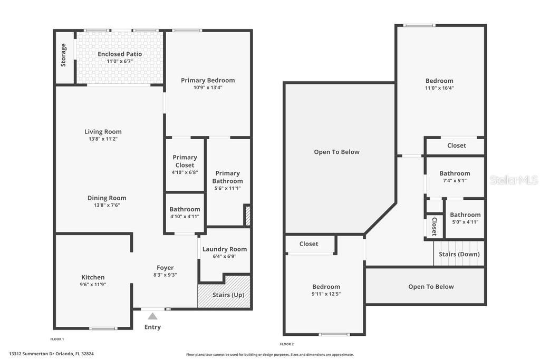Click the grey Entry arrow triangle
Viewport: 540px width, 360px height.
tap(152, 316)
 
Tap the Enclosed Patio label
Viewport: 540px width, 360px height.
tap(120, 54)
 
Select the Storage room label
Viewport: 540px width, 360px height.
tap(63, 55)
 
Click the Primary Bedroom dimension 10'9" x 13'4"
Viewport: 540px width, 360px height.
tap(208, 87)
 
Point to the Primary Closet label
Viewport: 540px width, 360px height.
tap(185, 161)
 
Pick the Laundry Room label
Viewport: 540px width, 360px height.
tap(225, 249)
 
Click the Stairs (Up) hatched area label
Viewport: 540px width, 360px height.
tap(228, 295)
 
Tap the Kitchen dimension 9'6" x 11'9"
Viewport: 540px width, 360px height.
tap(93, 285)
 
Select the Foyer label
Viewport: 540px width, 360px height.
tap(165, 267)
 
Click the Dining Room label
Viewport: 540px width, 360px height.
tap(107, 198)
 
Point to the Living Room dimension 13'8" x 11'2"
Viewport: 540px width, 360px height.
tap(103, 139)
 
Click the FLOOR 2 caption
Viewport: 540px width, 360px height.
tap(287, 344)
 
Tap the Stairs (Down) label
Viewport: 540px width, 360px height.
tap(459, 254)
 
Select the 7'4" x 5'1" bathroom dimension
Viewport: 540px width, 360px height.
tap(455, 181)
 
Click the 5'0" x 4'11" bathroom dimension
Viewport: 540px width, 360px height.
tap(465, 222)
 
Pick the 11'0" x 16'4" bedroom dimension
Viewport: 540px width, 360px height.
tap(439, 88)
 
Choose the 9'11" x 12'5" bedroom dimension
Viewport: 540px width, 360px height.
tap(326, 294)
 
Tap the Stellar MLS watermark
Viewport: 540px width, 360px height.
tap(514, 180)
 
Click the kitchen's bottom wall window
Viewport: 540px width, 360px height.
tap(103, 328)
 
